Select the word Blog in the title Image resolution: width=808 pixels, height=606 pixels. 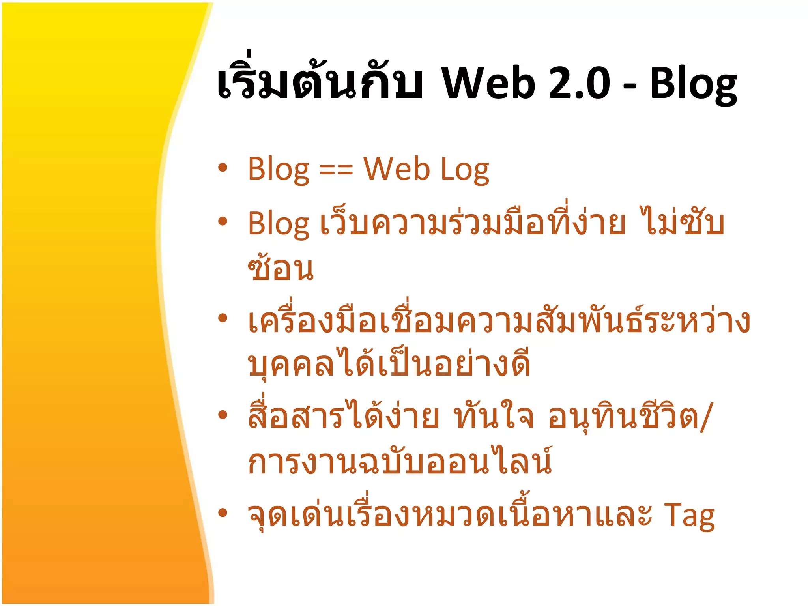pyautogui.click(x=693, y=85)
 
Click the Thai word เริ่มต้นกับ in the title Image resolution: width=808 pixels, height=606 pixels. pyautogui.click(x=320, y=81)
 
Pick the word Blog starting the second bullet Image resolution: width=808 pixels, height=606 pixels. pyautogui.click(x=279, y=224)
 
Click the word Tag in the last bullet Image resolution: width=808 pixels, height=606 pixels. pyautogui.click(x=689, y=516)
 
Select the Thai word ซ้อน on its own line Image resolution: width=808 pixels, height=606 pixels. pyautogui.click(x=281, y=268)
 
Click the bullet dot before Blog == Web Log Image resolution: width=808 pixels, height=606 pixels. pyautogui.click(x=223, y=167)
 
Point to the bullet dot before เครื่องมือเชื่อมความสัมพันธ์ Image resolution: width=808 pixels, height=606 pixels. pyautogui.click(x=223, y=318)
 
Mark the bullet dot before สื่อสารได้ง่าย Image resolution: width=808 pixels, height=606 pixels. pyautogui.click(x=223, y=414)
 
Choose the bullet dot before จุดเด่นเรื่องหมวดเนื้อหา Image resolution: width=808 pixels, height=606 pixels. pyautogui.click(x=223, y=512)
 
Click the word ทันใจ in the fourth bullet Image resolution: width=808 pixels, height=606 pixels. pyautogui.click(x=494, y=416)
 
